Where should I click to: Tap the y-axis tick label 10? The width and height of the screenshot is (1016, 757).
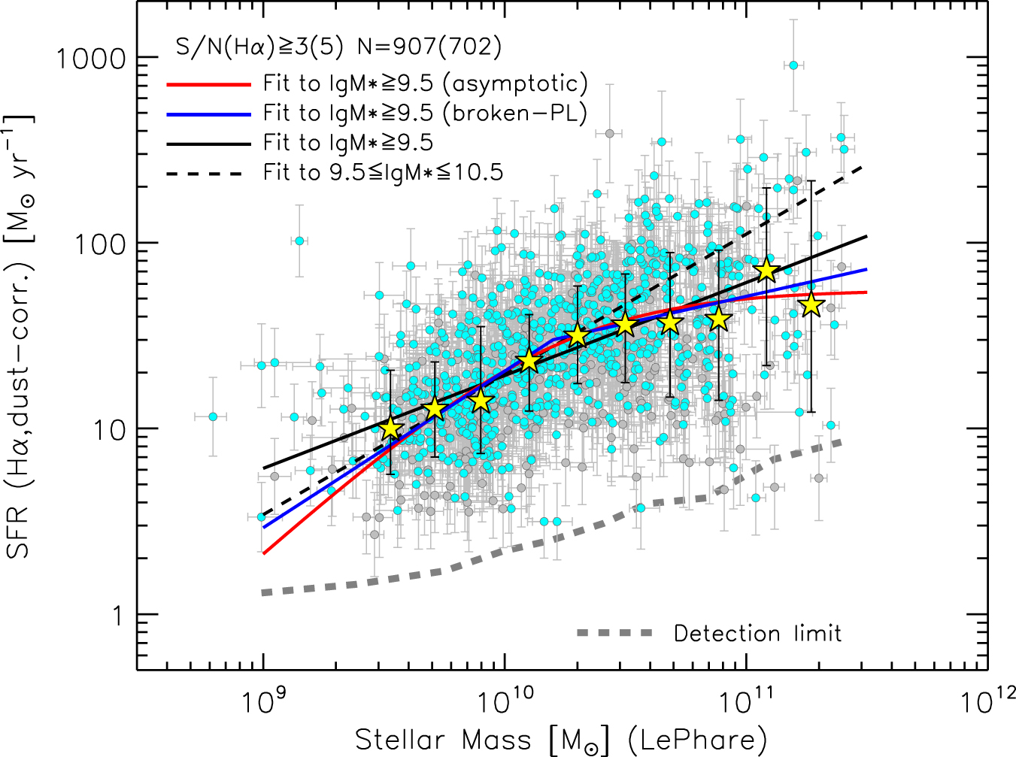(111, 429)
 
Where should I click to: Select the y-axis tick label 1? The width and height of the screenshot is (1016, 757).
(118, 615)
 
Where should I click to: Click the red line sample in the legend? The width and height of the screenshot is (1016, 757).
(207, 84)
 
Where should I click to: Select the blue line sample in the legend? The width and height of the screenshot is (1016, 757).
(207, 114)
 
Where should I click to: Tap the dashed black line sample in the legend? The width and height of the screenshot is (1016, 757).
(207, 174)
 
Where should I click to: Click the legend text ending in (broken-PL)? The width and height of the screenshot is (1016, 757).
(425, 114)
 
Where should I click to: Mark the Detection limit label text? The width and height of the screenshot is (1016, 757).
(757, 634)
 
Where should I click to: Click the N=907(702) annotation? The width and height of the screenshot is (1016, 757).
(429, 47)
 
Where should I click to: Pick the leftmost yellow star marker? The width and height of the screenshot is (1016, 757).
(390, 428)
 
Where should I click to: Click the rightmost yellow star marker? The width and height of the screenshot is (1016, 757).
(811, 305)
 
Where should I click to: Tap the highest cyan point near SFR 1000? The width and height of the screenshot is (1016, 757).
(793, 65)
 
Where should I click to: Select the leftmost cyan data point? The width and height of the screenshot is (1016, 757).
(213, 416)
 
